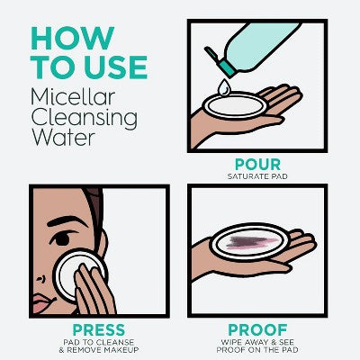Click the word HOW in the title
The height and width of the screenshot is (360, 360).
click(x=73, y=38)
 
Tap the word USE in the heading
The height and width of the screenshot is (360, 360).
click(x=116, y=67)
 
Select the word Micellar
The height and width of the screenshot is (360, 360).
click(x=73, y=97)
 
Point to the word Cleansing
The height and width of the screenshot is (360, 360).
click(x=85, y=119)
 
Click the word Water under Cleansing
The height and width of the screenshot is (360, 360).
click(x=63, y=137)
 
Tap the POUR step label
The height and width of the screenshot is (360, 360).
click(x=257, y=165)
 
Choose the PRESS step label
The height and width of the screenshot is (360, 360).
click(x=99, y=330)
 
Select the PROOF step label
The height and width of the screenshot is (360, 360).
click(x=257, y=330)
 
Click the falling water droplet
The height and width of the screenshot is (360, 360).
click(x=223, y=87)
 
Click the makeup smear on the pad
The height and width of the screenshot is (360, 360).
click(x=250, y=242)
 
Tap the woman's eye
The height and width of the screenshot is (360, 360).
click(x=63, y=238)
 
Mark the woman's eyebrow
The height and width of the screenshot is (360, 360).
click(x=67, y=221)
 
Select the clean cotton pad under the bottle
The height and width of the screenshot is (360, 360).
click(x=235, y=105)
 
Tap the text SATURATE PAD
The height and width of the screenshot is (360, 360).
click(x=257, y=176)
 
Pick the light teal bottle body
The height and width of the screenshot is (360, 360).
click(x=261, y=45)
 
